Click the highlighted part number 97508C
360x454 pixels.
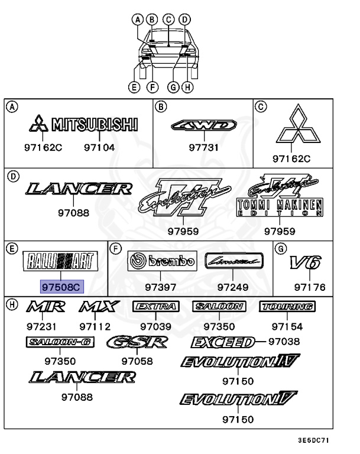[62, 287]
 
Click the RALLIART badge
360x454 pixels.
[60, 261]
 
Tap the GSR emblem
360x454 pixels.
[137, 342]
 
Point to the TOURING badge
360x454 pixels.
[287, 306]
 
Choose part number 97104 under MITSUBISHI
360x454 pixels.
[99, 148]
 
